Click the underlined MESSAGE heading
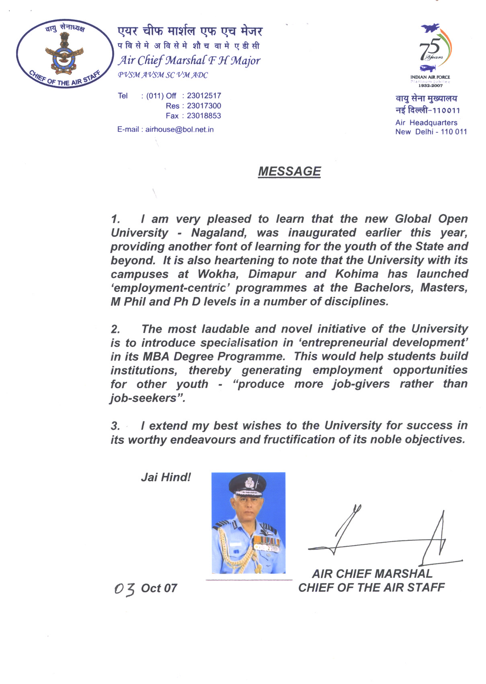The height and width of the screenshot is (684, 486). (x=289, y=172)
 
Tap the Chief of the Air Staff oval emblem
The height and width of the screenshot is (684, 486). (x=64, y=53)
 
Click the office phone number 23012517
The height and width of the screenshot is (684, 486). (x=204, y=96)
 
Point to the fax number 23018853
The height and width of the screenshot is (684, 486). (x=204, y=116)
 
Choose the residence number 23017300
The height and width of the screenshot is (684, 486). (x=204, y=106)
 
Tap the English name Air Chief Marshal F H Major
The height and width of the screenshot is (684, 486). (x=189, y=61)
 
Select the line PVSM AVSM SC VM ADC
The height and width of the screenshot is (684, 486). (x=163, y=75)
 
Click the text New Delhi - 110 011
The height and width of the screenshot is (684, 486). (x=431, y=132)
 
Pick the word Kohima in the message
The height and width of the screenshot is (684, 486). (x=357, y=274)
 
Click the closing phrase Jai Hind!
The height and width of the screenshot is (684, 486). (x=166, y=477)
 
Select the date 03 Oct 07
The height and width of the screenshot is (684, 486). (x=146, y=589)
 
